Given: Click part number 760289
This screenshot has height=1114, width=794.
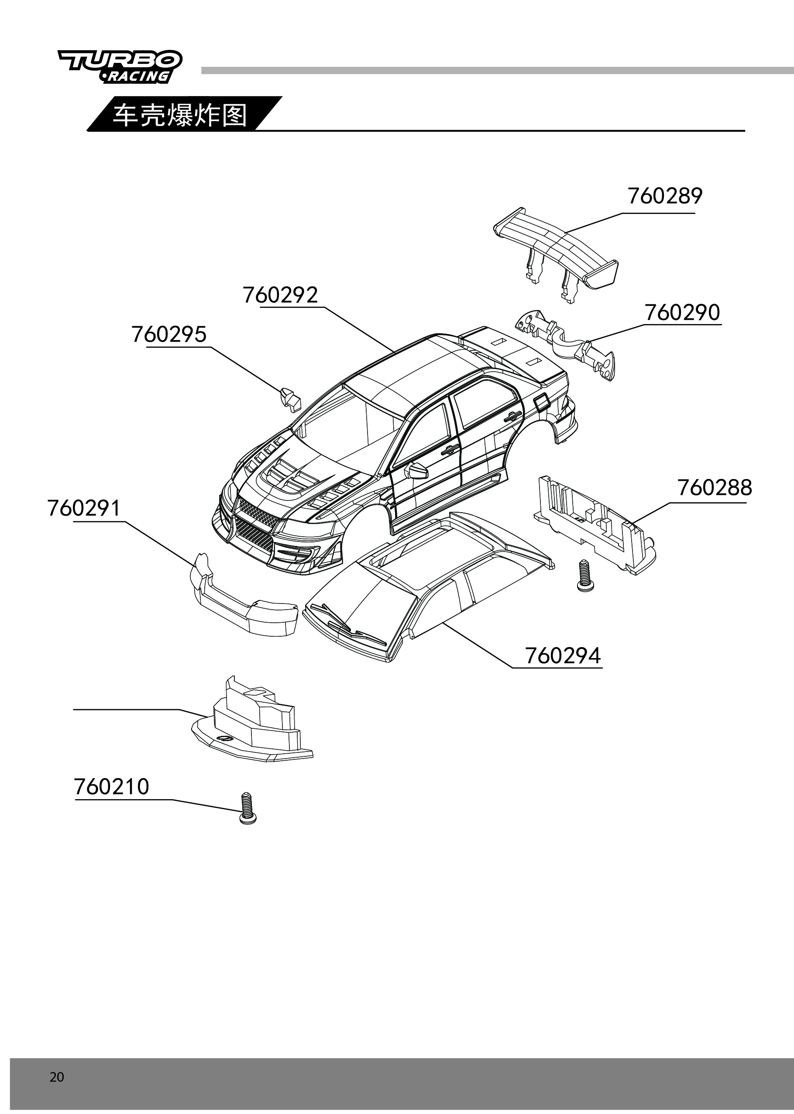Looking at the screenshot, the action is pos(664,196).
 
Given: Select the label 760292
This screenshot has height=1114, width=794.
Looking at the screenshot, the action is pos(280,295).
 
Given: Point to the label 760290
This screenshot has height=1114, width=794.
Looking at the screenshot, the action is pos(682,313).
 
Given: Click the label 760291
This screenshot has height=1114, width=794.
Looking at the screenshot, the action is pos(84,508).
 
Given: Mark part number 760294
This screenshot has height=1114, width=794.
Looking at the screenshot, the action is pos(563,656).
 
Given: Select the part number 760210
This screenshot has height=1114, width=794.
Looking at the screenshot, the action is pos(111,787).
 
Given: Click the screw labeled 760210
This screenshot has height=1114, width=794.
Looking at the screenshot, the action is pos(248,809).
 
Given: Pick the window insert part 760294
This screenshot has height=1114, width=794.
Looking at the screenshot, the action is pos(428,587).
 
